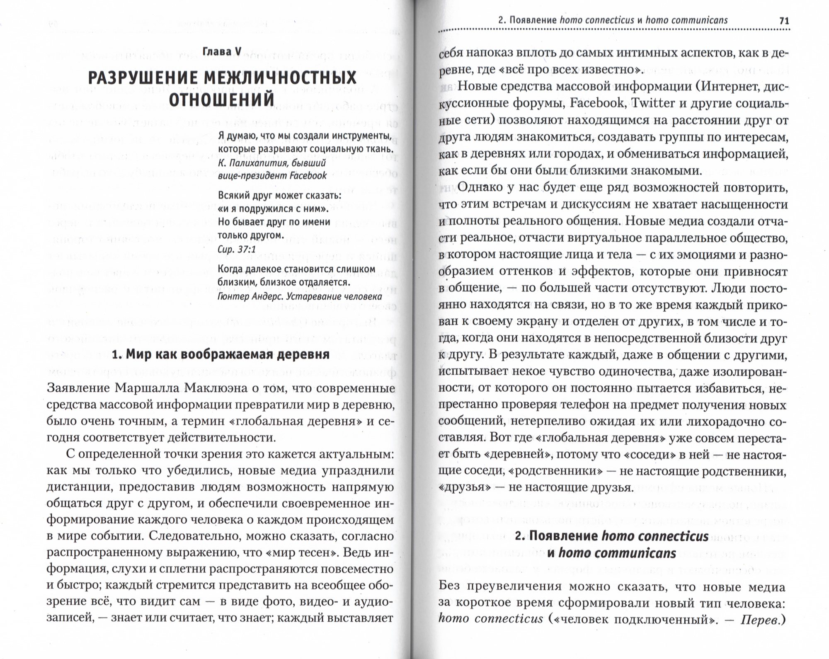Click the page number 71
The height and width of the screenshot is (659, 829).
784,20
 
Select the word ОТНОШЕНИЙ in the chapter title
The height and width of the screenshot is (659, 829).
222,100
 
